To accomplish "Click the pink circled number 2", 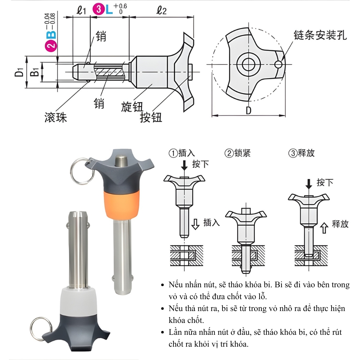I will click(x=51, y=45).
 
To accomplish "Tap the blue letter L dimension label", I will click(x=109, y=10).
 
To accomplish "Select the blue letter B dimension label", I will click(x=51, y=34).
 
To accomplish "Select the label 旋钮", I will click(x=132, y=107).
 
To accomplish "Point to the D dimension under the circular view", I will click(x=248, y=111).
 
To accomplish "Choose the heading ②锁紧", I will click(x=238, y=153).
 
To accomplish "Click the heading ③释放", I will click(x=302, y=153).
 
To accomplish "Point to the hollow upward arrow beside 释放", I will click(x=324, y=228).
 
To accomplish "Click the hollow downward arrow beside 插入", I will click(x=195, y=224).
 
